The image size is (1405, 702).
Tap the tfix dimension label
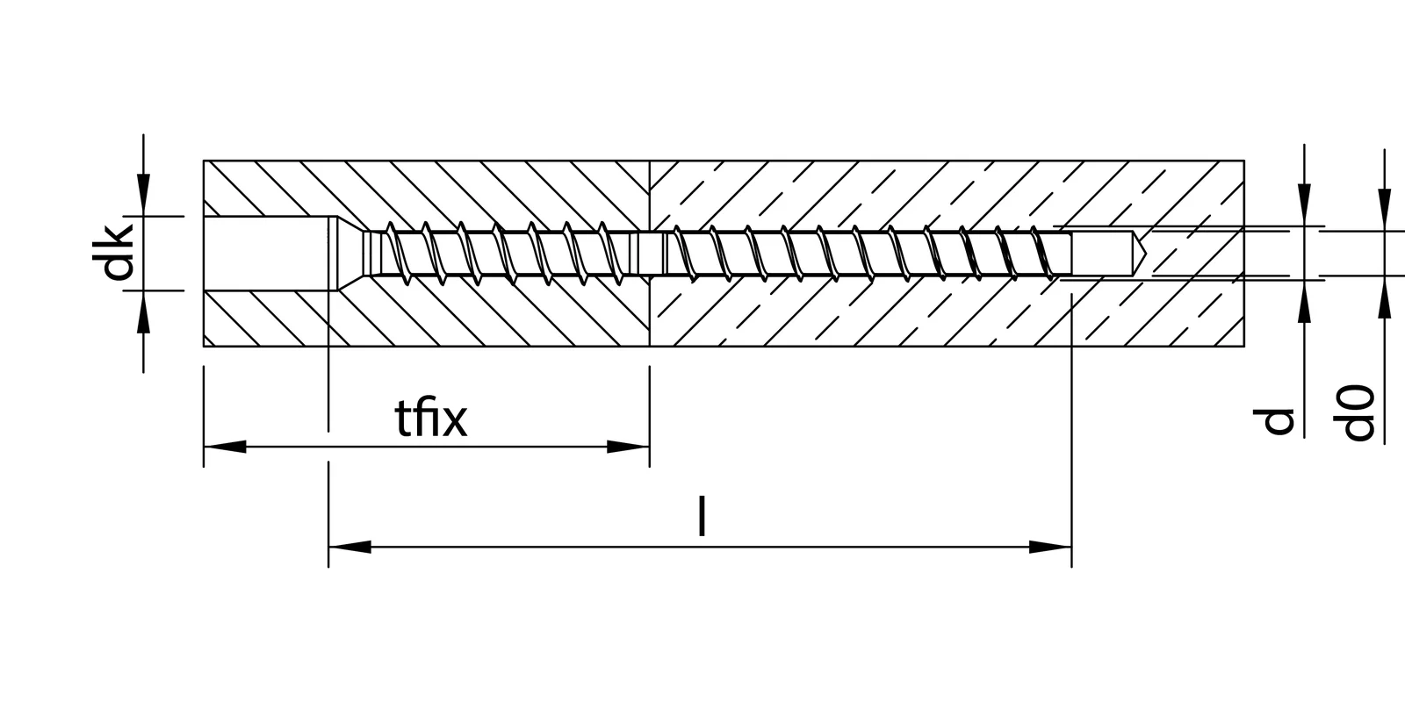pos(430,419)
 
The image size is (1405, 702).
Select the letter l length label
pos(701,516)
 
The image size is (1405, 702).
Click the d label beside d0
pos(1279,422)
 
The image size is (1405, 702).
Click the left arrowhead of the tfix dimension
pos(225,447)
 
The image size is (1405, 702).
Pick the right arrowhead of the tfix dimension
pos(628,447)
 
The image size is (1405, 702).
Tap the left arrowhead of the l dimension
pos(349,547)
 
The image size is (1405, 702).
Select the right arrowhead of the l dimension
pos(1050,547)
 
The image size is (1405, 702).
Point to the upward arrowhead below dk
pos(143,311)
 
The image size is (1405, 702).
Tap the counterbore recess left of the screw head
pos(263,253)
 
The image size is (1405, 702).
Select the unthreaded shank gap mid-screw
pos(652,253)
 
